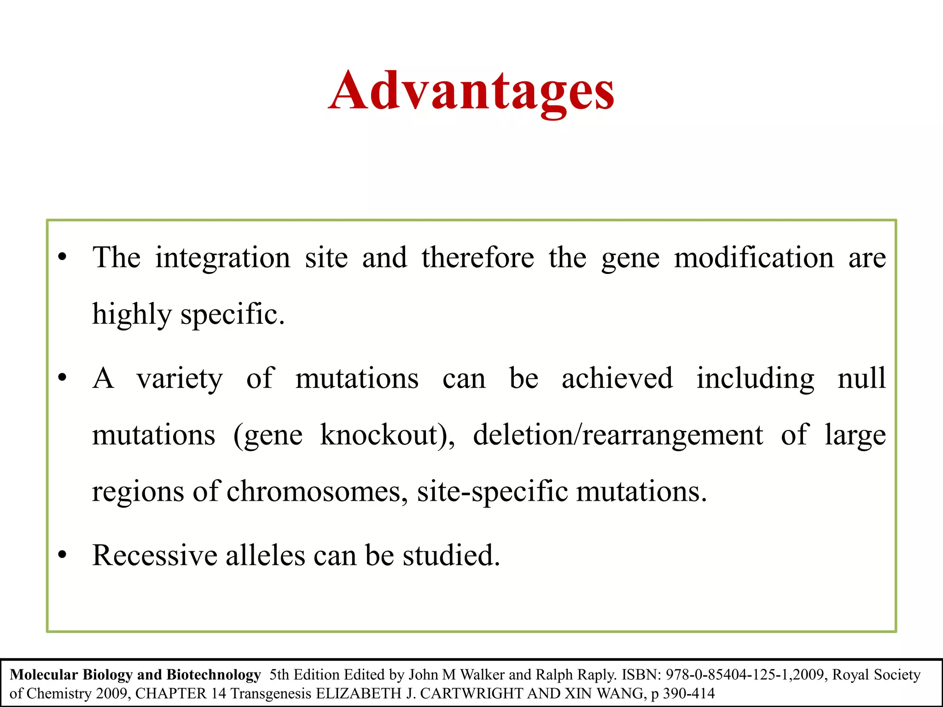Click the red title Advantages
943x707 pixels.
471,91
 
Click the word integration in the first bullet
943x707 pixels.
222,258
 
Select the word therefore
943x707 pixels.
477,258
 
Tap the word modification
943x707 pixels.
754,258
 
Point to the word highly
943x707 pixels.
132,315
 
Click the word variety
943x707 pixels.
180,379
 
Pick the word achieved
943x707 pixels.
617,379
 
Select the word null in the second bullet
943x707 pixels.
862,379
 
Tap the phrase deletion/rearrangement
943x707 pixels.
618,435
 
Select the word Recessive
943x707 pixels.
154,556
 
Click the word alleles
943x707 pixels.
265,556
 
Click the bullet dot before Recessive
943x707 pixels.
63,556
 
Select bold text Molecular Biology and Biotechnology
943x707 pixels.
135,675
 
